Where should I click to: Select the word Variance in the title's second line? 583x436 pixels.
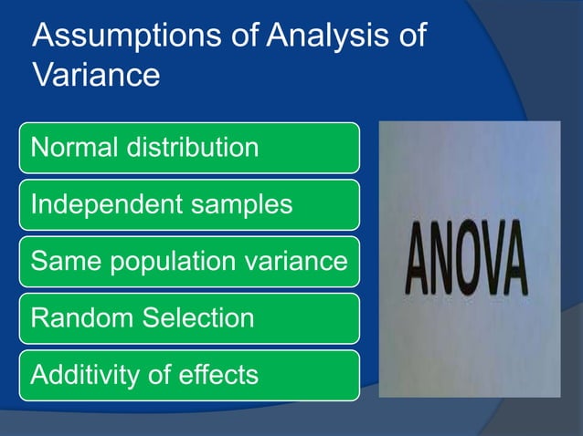96,75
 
